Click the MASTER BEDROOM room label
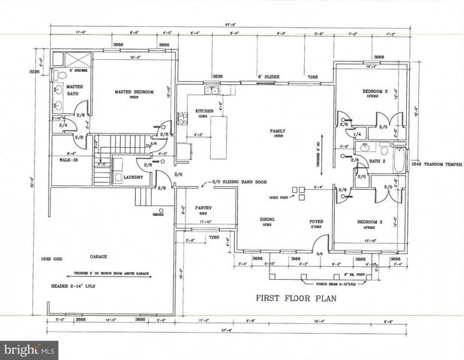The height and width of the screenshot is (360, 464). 134,92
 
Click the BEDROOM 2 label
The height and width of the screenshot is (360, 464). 369,223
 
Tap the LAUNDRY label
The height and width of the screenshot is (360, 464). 122,177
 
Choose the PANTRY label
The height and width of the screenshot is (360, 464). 203,208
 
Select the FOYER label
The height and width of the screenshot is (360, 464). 317,222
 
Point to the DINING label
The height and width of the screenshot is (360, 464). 268,220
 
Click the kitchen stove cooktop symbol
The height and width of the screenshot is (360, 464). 182,118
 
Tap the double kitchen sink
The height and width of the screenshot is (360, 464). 213,91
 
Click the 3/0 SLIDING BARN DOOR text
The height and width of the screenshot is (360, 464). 241,181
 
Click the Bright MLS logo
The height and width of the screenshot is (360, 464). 30,349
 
